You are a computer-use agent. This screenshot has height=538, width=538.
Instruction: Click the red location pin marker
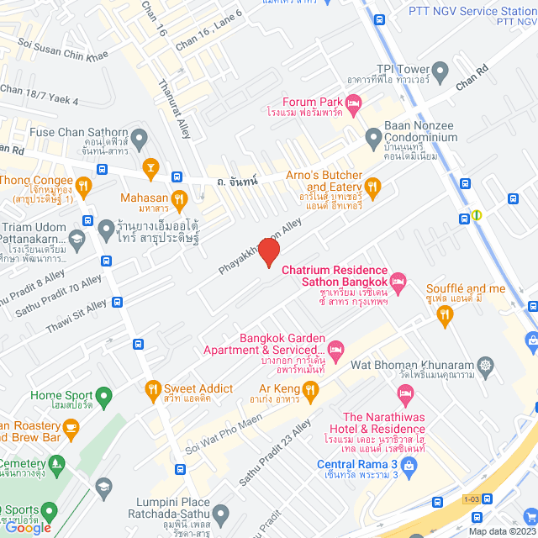pyautogui.click(x=268, y=251)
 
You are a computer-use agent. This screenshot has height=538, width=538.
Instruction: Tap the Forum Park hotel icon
pyautogui.click(x=353, y=103)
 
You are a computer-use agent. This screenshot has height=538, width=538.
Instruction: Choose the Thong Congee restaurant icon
pyautogui.click(x=83, y=185)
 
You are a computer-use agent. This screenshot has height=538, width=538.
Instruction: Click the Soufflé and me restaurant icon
pyautogui.click(x=446, y=315)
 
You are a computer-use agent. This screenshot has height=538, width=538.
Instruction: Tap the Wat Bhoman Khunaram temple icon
pyautogui.click(x=485, y=366)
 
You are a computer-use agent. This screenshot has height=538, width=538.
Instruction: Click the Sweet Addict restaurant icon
pyautogui.click(x=152, y=388)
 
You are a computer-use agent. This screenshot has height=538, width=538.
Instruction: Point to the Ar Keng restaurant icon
pyautogui.click(x=310, y=388)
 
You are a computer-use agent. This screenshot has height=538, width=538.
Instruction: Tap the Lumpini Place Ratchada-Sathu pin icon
pyautogui.click(x=220, y=513)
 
